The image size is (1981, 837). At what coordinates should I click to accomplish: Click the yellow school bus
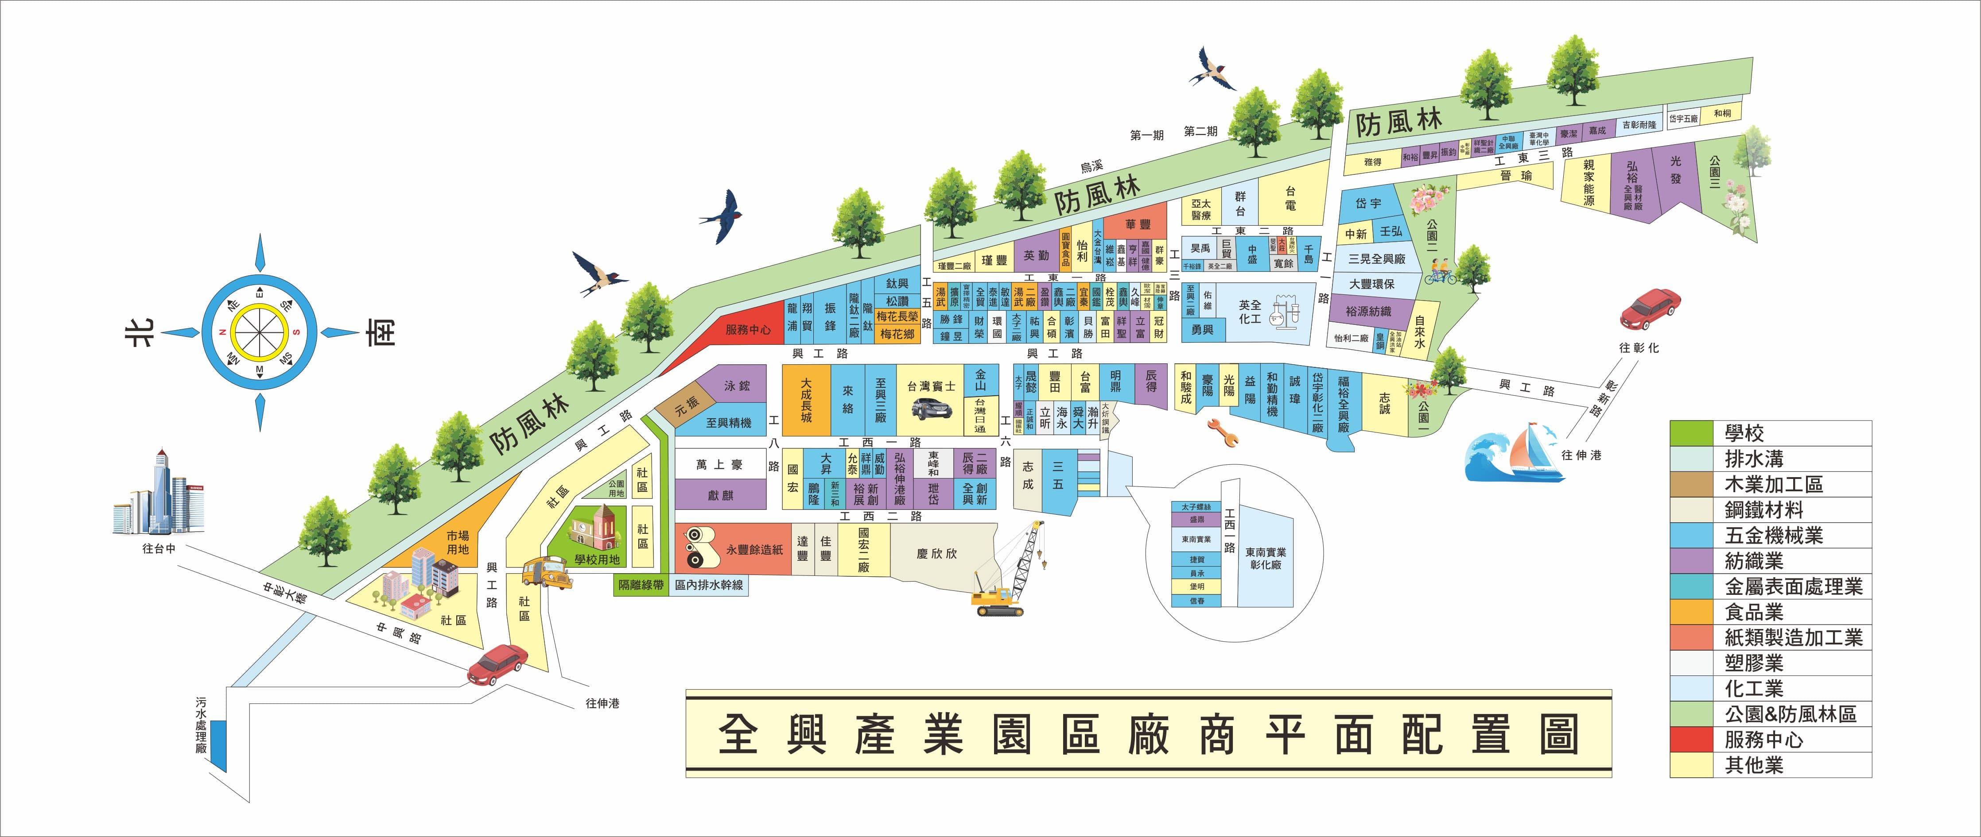click(x=547, y=573)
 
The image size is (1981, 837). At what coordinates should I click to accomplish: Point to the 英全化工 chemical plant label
click(x=1250, y=311)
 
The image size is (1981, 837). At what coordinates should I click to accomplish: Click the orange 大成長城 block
click(x=806, y=400)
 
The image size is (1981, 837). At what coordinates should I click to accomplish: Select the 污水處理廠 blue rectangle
click(x=219, y=745)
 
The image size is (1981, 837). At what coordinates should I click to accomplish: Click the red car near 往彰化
click(x=1650, y=308)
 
